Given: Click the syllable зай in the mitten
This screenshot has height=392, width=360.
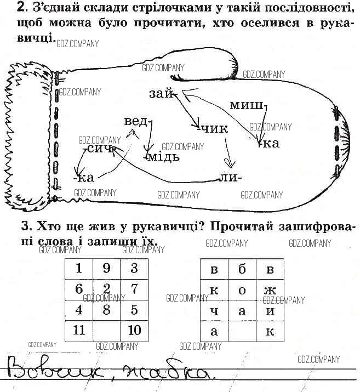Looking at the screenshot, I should coord(160,94).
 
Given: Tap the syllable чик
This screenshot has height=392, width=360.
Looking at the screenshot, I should coord(215,129).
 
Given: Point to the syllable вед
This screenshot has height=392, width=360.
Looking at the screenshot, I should coord(136,121).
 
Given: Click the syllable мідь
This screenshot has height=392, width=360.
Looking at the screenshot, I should coord(162,157).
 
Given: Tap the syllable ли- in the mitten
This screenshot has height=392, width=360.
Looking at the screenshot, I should coord(229,178).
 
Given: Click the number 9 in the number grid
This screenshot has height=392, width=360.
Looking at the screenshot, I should coord(107,269).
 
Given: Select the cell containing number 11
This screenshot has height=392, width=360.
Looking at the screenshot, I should coord(79,330).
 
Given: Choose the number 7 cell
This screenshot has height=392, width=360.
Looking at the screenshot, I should coord(134,289).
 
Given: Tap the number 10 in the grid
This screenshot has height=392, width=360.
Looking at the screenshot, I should coord(134,330).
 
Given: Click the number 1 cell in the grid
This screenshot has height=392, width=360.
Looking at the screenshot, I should coord(79,269).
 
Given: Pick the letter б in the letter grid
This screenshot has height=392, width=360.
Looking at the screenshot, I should coord(242,269).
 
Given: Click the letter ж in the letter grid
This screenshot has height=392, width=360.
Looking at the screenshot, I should coord(269,289).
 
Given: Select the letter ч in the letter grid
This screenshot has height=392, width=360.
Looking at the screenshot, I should coord(214,310).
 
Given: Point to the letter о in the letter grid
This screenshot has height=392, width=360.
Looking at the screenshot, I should coord(242,289).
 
